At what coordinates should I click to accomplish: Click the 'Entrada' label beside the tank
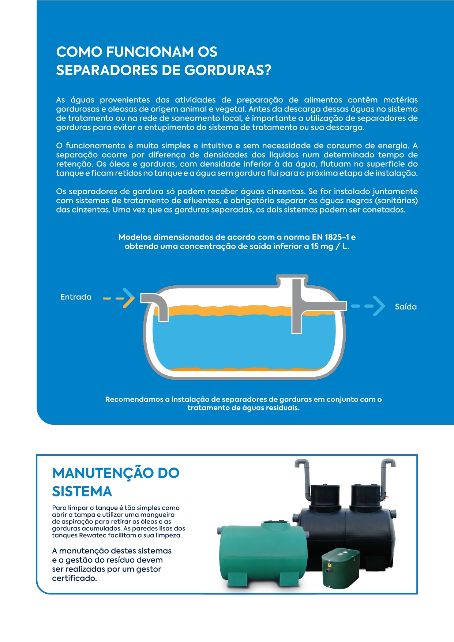click(x=76, y=297)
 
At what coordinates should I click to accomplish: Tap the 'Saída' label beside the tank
click(x=406, y=307)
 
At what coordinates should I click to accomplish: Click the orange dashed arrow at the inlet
click(x=119, y=298)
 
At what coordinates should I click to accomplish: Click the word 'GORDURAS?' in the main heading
click(x=228, y=70)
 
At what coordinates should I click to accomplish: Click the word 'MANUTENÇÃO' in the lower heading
click(x=103, y=473)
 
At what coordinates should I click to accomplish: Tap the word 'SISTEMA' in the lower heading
click(x=82, y=491)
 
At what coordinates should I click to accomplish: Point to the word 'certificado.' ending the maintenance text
click(x=75, y=578)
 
